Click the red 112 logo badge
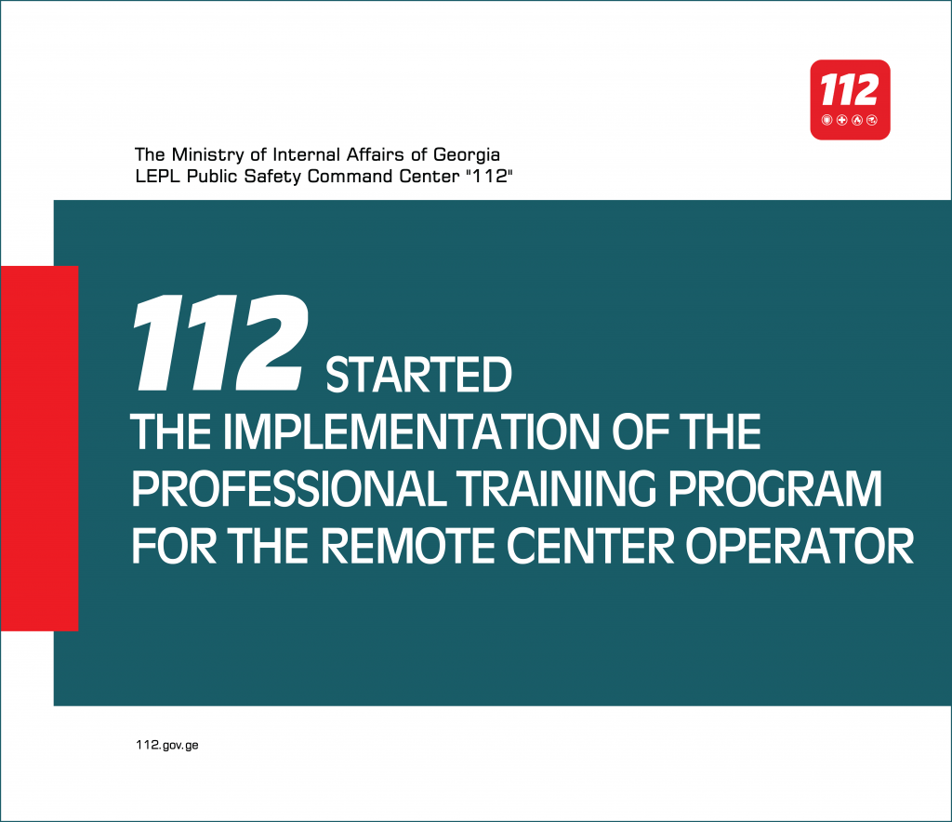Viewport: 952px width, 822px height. [x=850, y=99]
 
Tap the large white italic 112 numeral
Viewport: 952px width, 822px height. [x=220, y=342]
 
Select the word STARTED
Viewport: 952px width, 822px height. [x=419, y=375]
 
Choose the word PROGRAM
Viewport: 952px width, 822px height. [x=775, y=489]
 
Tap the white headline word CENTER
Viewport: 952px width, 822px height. [x=590, y=546]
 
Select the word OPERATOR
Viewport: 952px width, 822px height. [x=800, y=546]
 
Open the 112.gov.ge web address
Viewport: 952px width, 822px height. [x=167, y=745]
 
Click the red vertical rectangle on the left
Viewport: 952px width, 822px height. [x=39, y=448]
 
